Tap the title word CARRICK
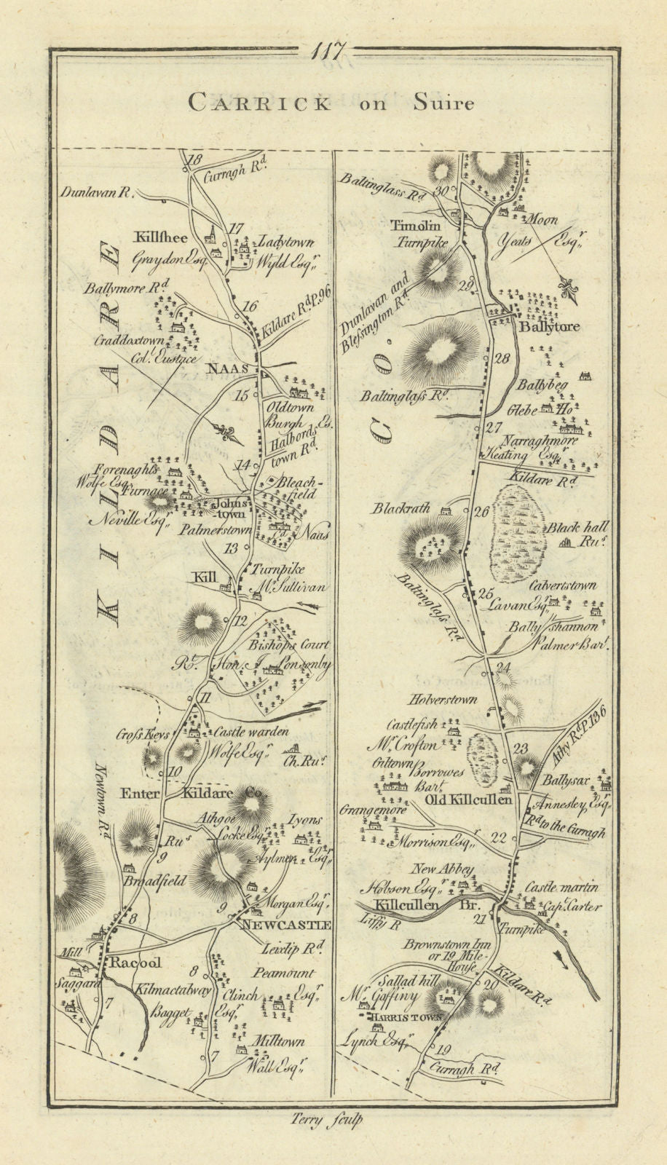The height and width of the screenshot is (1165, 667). (x=258, y=103)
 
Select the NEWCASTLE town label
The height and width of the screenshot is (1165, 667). (x=287, y=925)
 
